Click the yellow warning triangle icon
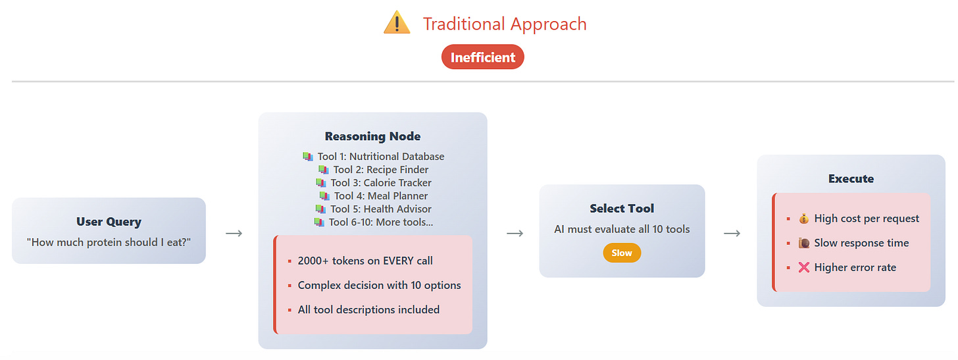coord(397,23)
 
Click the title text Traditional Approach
coord(505,24)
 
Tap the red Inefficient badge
coord(483,57)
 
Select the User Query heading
coord(109,222)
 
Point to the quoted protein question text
coord(109,242)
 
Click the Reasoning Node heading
coord(372,137)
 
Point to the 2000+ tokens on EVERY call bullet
coord(365,261)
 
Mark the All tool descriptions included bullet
coord(368,309)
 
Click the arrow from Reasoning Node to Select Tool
coord(515,233)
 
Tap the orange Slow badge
coord(622,253)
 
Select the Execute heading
coord(851,179)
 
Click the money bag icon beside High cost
coord(803,219)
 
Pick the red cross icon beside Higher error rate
coord(803,267)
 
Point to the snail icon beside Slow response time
coord(803,243)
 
